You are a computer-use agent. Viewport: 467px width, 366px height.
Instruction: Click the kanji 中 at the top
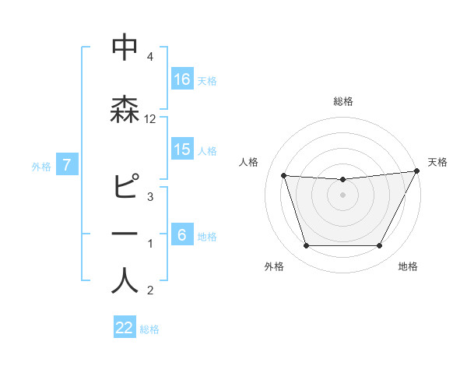pyautogui.click(x=125, y=48)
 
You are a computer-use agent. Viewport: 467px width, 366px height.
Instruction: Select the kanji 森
pyautogui.click(x=125, y=109)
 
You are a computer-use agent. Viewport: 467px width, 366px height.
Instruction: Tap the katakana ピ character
pyautogui.click(x=125, y=187)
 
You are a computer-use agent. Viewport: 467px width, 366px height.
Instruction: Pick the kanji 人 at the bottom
pyautogui.click(x=125, y=280)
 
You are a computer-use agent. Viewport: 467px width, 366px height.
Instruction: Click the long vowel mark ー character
pyautogui.click(x=125, y=234)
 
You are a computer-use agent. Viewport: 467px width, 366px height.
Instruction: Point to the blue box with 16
pyautogui.click(x=182, y=79)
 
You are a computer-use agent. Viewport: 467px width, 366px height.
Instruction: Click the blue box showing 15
pyautogui.click(x=182, y=150)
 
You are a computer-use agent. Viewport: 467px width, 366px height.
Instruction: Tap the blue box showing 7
pyautogui.click(x=68, y=165)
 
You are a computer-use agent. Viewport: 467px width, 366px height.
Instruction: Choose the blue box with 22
pyautogui.click(x=125, y=328)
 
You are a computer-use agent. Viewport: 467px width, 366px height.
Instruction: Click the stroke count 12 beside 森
pyautogui.click(x=150, y=119)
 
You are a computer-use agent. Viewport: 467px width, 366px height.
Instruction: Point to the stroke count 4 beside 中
pyautogui.click(x=149, y=57)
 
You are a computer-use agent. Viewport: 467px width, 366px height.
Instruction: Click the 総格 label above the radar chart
pyautogui.click(x=342, y=101)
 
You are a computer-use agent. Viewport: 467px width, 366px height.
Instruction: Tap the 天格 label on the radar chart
pyautogui.click(x=437, y=162)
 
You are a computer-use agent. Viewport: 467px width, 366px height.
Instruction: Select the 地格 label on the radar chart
pyautogui.click(x=408, y=267)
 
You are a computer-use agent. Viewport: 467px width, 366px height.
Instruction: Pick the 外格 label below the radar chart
pyautogui.click(x=274, y=267)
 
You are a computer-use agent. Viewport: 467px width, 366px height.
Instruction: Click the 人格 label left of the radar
pyautogui.click(x=248, y=162)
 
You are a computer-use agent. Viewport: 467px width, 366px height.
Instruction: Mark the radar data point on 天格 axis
pyautogui.click(x=416, y=171)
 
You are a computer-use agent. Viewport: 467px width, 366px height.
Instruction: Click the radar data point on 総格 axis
pyautogui.click(x=342, y=180)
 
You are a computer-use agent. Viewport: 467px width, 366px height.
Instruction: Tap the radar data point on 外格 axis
pyautogui.click(x=306, y=246)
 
